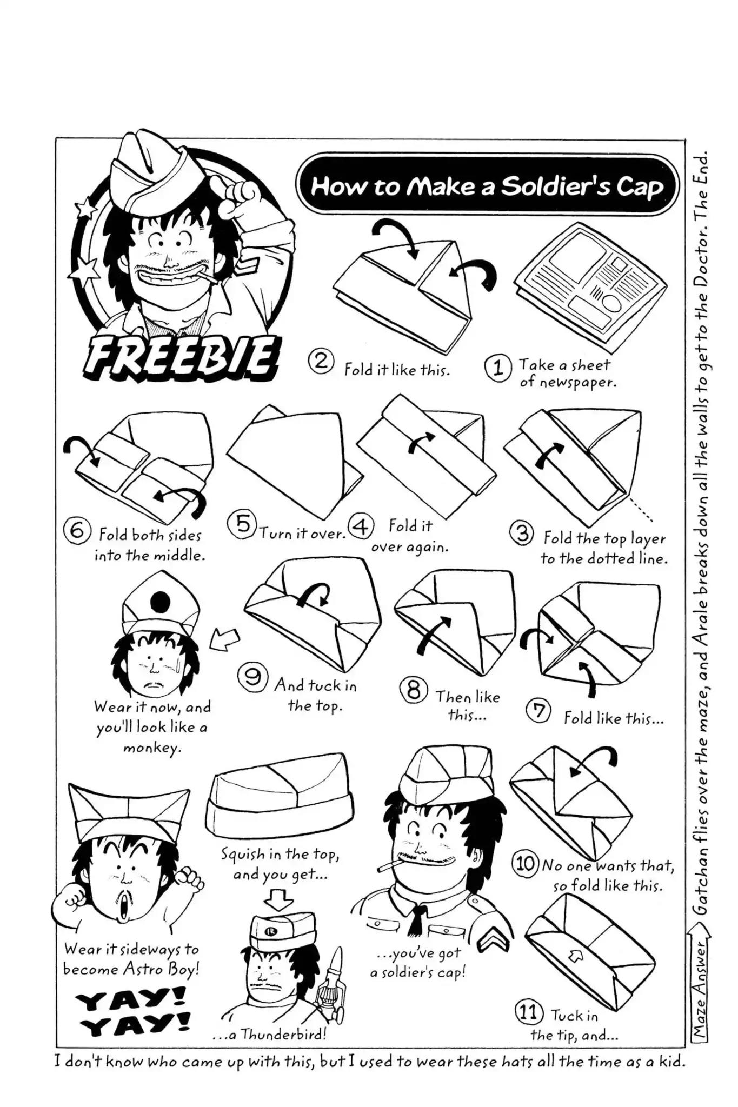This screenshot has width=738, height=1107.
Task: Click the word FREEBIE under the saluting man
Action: pyautogui.click(x=177, y=358)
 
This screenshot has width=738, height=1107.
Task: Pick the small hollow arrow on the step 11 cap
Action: pyautogui.click(x=571, y=957)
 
